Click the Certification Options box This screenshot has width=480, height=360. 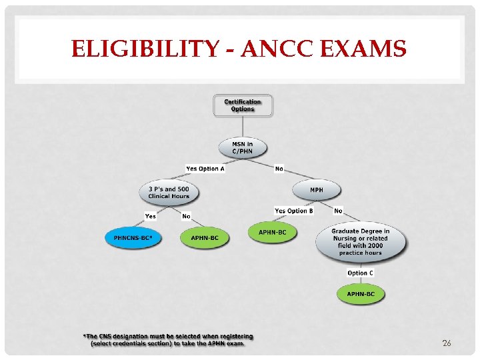pos(243,105)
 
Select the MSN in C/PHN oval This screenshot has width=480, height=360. pos(243,148)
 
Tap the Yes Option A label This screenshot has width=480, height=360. pos(205,169)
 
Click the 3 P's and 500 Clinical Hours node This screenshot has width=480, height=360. pos(169,192)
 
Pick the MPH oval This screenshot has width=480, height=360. pos(316,190)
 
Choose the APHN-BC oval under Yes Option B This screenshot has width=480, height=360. pos(273,233)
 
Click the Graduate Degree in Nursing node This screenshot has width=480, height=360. pos(360,242)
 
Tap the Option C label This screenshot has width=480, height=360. pos(360,273)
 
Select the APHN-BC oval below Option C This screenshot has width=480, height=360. pos(361,294)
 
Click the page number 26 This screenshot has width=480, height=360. pos(447,343)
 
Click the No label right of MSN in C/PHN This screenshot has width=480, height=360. pos(279,169)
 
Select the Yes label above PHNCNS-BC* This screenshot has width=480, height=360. pos(151,216)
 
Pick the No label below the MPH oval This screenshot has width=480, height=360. pos(338,211)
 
